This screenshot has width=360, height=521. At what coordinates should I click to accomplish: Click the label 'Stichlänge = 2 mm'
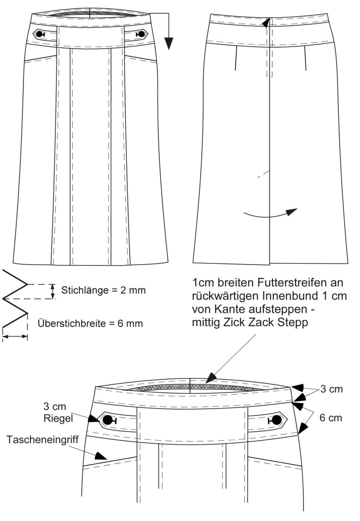(103, 290)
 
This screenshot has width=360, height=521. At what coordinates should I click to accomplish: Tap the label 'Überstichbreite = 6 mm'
(90, 323)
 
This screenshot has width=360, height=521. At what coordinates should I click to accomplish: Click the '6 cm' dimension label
(331, 418)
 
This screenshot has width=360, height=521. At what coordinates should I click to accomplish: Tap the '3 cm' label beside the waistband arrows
(332, 389)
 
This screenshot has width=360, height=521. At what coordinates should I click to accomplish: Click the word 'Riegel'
(58, 419)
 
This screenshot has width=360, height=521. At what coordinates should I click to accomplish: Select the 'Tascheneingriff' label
(42, 440)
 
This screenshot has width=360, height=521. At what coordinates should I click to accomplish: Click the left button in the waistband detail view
(107, 420)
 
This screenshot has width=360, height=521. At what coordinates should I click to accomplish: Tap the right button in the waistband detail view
(277, 420)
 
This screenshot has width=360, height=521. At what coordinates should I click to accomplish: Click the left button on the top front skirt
(40, 34)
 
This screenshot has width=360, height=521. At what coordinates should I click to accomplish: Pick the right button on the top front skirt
(141, 34)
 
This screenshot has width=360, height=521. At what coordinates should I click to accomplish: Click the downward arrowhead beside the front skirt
(169, 43)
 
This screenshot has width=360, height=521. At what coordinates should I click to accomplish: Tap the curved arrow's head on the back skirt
(291, 212)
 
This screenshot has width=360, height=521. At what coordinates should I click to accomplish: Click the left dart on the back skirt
(236, 58)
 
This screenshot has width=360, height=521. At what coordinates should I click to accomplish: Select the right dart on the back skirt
(305, 58)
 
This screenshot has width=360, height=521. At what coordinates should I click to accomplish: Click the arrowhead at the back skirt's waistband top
(265, 23)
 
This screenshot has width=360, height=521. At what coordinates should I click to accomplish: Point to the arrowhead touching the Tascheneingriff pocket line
(101, 456)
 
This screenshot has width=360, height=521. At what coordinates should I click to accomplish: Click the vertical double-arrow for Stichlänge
(53, 291)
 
